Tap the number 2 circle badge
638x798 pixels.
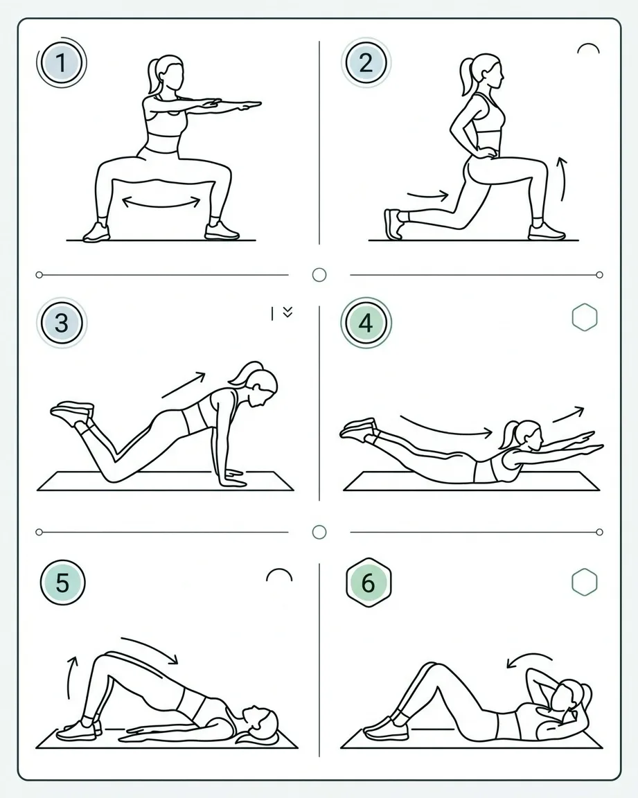[x=366, y=63]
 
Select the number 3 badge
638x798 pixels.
[x=62, y=323]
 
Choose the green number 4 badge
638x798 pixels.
[x=366, y=323]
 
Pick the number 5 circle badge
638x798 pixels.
[x=62, y=582]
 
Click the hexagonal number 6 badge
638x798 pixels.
[x=369, y=583]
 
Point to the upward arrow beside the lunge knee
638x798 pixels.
[x=562, y=179]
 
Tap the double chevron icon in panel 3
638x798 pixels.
[x=287, y=312]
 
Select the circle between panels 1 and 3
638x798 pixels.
[x=319, y=275]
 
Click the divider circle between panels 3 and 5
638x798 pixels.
[x=319, y=532]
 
